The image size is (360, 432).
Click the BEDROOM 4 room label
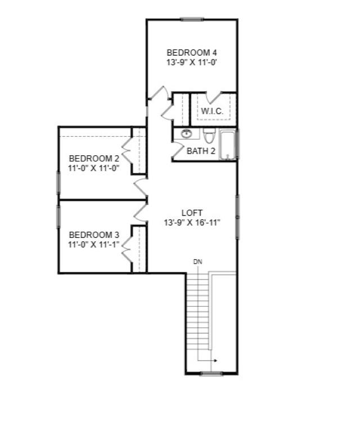(192, 53)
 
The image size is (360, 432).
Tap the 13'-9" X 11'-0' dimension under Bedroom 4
(192, 63)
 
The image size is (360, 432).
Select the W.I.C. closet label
(212, 111)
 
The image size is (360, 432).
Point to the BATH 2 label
(201, 151)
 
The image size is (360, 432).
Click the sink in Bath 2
(186, 134)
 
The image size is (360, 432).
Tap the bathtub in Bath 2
(228, 145)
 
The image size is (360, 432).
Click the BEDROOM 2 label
(94, 158)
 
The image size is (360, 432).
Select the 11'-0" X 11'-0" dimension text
(94, 168)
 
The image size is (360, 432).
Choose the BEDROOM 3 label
(94, 235)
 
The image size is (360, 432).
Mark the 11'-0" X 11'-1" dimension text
(94, 244)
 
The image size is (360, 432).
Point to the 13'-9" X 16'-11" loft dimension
(192, 222)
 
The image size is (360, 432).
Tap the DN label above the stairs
(197, 262)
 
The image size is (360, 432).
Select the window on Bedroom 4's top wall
(192, 20)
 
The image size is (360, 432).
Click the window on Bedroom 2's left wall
(58, 182)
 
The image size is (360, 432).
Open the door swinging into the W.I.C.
(214, 97)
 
